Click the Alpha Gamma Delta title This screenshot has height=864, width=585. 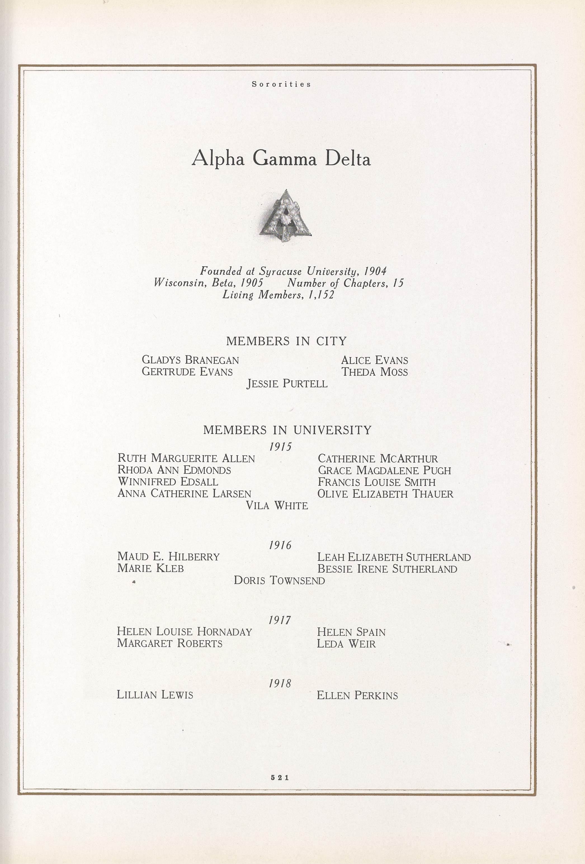tap(281, 159)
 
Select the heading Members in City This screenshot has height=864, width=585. tap(286, 341)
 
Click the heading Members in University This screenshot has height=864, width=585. tap(287, 430)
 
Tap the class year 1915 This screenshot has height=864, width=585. tap(280, 447)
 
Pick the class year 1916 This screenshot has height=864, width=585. tap(280, 546)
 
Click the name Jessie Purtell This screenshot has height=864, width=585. tap(287, 383)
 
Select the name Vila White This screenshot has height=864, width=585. tap(277, 505)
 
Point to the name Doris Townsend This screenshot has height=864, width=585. tap(279, 580)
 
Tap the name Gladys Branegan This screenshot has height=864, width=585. tap(190, 360)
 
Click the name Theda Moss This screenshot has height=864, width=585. tap(374, 372)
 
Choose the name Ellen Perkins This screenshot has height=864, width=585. tap(357, 695)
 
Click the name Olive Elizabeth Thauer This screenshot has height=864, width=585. tap(385, 494)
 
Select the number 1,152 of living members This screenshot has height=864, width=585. tap(321, 295)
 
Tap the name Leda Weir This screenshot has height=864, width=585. tap(346, 644)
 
